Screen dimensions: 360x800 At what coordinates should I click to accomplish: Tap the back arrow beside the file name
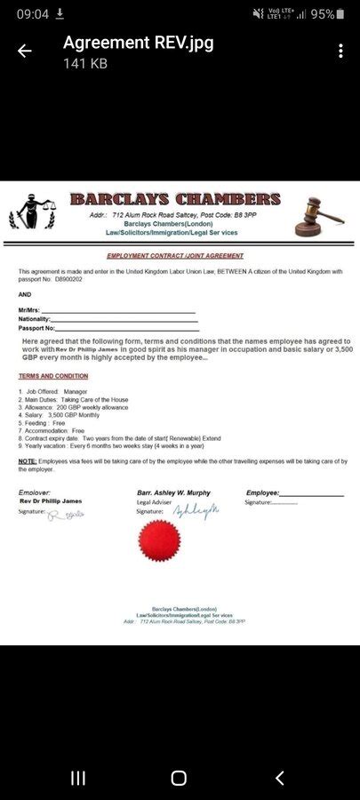(25, 52)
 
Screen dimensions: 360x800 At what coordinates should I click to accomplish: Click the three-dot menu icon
(340, 52)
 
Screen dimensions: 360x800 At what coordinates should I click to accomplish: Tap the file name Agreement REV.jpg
(138, 43)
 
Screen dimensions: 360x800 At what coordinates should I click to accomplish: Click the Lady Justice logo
(32, 213)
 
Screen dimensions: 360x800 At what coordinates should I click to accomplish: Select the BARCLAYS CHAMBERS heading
(175, 199)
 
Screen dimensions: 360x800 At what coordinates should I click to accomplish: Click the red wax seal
(160, 540)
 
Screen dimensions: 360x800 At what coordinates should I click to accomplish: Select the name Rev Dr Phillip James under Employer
(51, 501)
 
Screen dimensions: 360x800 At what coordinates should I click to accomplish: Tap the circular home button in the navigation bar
(179, 779)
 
